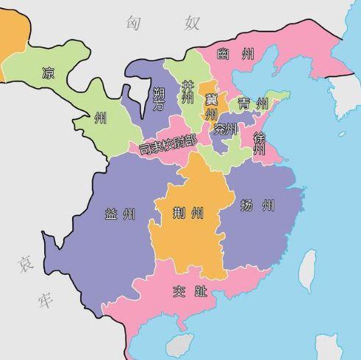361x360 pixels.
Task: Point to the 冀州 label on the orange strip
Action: pos(211,107)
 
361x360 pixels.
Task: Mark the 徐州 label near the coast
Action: pos(259,143)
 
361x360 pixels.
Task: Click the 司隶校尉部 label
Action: pos(168,143)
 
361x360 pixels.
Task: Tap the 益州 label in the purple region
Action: pos(120,215)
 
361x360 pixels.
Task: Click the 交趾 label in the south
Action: pos(188,290)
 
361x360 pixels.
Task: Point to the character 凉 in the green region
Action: pos(49,73)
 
